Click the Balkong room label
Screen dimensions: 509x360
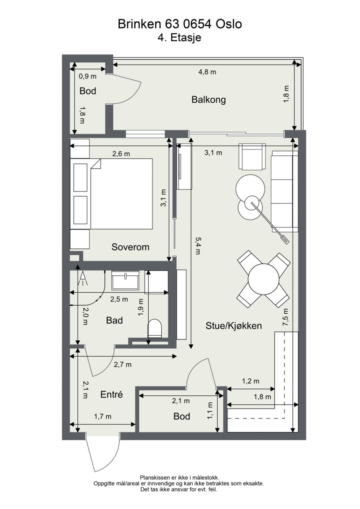point(208,100)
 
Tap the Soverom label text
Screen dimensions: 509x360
point(130,247)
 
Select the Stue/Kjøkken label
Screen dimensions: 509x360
point(234,325)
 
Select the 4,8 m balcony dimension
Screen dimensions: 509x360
point(207,72)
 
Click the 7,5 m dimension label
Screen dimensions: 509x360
point(286,317)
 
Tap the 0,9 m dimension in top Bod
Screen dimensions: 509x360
point(88,76)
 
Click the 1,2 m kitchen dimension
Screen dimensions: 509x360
point(251,381)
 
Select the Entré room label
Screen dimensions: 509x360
point(111,394)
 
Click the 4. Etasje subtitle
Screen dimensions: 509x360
point(180,38)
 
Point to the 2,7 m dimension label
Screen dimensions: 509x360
point(123,365)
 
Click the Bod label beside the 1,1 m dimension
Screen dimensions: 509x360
point(182,416)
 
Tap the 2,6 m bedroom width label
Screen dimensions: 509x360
point(121,154)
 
